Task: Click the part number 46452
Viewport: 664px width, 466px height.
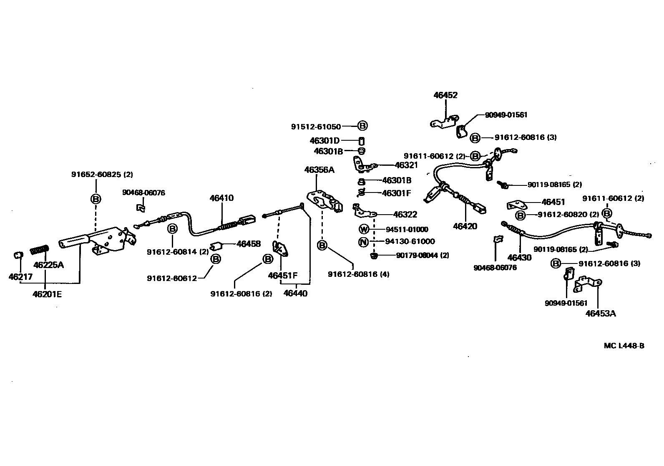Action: pos(445,95)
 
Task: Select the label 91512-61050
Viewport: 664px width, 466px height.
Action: pos(316,127)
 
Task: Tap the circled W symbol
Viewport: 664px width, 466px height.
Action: pos(364,229)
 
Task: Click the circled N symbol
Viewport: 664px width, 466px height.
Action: pos(364,241)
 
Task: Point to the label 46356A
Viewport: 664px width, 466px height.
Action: pos(319,170)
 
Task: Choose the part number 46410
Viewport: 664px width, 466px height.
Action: pos(221,198)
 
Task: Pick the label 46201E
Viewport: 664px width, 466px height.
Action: pos(47,294)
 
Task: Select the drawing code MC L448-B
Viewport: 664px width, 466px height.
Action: pos(624,346)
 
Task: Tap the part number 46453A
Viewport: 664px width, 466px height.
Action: pos(600,313)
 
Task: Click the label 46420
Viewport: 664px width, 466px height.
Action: pos(465,226)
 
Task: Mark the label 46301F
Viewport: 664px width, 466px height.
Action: pos(397,193)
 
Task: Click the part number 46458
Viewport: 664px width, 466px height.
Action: pos(249,244)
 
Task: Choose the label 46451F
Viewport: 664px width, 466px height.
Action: pos(283,276)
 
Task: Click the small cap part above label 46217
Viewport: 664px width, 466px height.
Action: pos(18,255)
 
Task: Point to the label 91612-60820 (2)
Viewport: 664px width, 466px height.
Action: pos(568,215)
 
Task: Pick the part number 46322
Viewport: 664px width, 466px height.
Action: pos(405,215)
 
